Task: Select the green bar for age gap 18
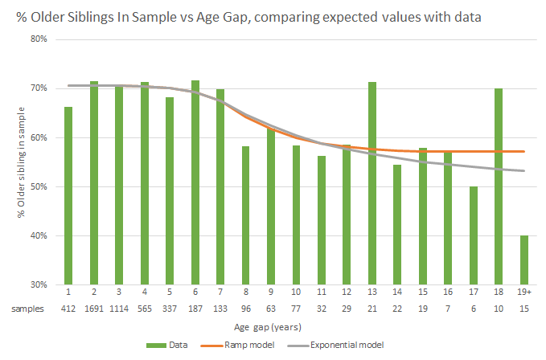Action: [x=499, y=186]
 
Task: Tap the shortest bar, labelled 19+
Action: [x=523, y=260]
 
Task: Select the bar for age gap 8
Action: [x=245, y=215]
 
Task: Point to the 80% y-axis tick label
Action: [x=39, y=39]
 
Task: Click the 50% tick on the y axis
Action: [x=39, y=186]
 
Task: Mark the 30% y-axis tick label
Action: [x=39, y=284]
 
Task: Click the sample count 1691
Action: [x=93, y=309]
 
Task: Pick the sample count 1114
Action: [x=119, y=309]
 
